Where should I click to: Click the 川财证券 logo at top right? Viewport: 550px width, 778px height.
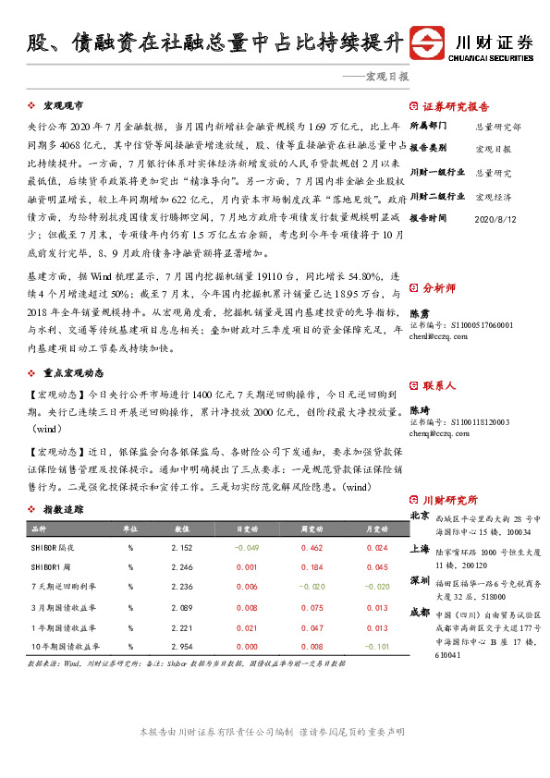472,43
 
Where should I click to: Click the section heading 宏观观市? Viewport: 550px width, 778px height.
63,106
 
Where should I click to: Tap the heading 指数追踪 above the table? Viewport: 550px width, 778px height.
63,509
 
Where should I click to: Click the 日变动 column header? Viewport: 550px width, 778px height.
246,529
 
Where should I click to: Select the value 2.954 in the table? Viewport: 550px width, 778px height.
182,647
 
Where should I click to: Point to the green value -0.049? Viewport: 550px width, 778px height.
246,548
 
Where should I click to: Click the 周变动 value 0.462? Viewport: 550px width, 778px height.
312,548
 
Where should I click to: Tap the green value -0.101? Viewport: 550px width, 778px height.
376,647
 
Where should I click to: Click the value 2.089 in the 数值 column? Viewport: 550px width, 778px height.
182,607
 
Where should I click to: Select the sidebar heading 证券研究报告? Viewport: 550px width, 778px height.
456,105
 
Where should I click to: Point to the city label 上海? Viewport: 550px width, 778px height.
419,548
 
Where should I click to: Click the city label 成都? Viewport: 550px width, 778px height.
419,613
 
